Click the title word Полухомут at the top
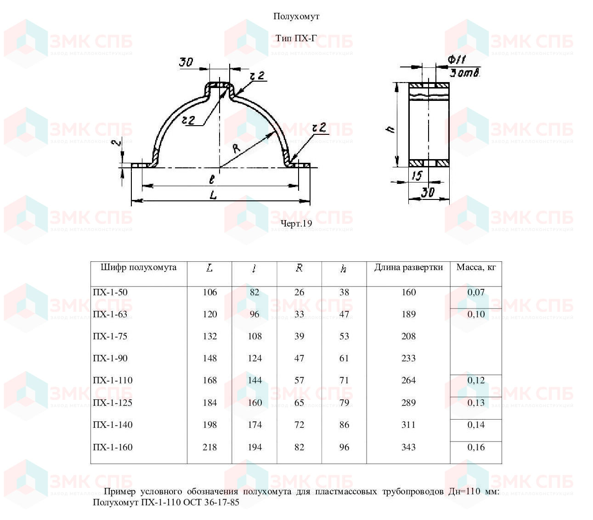296,17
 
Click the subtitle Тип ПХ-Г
296,39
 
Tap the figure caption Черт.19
296,223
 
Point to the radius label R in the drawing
236,148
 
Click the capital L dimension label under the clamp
214,195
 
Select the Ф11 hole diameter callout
457,60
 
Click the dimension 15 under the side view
417,175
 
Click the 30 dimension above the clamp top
186,62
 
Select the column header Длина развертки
408,267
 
